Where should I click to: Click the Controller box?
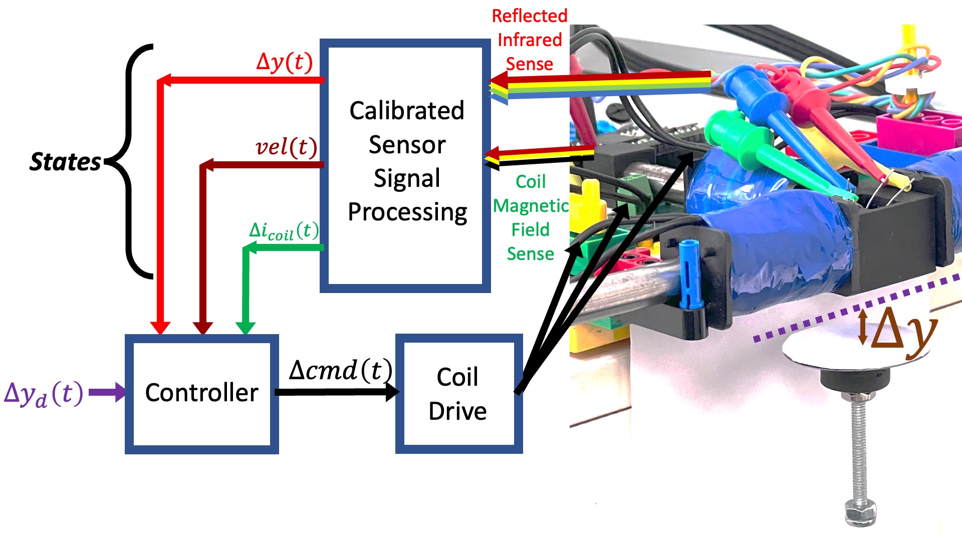pyautogui.click(x=201, y=394)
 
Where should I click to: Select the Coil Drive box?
pyautogui.click(x=458, y=394)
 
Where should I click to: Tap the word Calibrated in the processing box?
pyautogui.click(x=407, y=111)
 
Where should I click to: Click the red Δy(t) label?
pyautogui.click(x=284, y=62)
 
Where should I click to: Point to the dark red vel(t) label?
pyautogui.click(x=286, y=147)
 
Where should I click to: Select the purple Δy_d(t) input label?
pyautogui.click(x=43, y=394)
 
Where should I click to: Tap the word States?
pyautogui.click(x=65, y=162)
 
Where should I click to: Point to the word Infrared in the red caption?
pyautogui.click(x=530, y=40)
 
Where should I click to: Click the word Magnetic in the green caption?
pyautogui.click(x=531, y=206)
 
